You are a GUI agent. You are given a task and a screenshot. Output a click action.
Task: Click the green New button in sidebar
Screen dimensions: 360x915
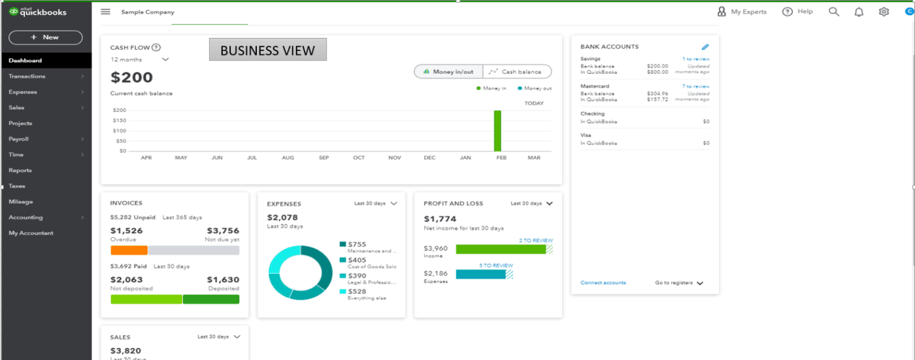pyautogui.click(x=45, y=37)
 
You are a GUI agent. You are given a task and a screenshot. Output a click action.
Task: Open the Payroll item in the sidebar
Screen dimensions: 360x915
pyautogui.click(x=19, y=139)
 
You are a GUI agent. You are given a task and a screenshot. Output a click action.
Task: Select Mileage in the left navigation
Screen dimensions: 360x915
pyautogui.click(x=21, y=202)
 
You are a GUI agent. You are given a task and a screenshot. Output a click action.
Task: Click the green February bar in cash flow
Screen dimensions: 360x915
pyautogui.click(x=497, y=131)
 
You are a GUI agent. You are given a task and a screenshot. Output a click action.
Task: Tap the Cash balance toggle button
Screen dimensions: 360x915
pyautogui.click(x=517, y=72)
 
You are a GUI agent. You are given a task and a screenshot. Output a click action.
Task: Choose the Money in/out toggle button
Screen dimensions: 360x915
pyautogui.click(x=448, y=72)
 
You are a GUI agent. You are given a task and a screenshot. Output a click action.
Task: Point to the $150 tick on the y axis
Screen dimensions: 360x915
pyautogui.click(x=119, y=120)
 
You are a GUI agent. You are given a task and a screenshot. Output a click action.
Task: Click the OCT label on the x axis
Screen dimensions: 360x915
pyautogui.click(x=359, y=158)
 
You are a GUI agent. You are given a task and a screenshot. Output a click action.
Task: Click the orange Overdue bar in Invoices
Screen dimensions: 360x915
pyautogui.click(x=129, y=250)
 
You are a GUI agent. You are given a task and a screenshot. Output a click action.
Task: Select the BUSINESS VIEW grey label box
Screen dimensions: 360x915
pyautogui.click(x=267, y=50)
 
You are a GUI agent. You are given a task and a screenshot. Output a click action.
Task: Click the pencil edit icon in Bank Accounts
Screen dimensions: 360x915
pyautogui.click(x=705, y=47)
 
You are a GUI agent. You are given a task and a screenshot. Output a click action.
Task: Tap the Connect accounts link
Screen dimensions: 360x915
pyautogui.click(x=603, y=283)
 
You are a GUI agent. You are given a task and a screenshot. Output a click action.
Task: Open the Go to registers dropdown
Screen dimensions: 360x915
pyautogui.click(x=678, y=283)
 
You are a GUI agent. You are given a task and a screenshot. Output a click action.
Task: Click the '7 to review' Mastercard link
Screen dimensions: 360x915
pyautogui.click(x=695, y=86)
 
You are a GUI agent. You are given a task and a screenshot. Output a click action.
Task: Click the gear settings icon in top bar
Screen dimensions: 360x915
pyautogui.click(x=884, y=12)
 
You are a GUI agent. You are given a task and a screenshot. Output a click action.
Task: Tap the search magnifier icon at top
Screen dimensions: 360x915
pyautogui.click(x=834, y=12)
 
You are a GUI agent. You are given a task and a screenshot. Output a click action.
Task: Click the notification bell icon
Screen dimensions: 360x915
pyautogui.click(x=859, y=12)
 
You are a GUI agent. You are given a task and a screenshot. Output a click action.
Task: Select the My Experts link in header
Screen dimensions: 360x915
pyautogui.click(x=742, y=12)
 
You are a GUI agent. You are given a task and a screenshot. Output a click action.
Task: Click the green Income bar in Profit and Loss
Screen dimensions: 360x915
pyautogui.click(x=500, y=249)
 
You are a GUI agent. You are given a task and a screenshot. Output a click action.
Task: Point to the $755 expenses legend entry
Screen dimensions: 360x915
pyautogui.click(x=357, y=244)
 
